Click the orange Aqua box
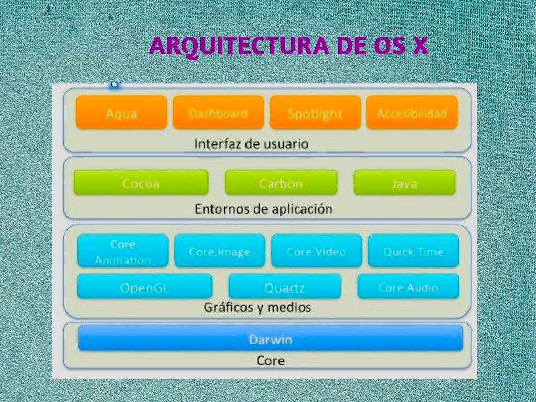click(121, 113)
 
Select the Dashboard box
click(218, 113)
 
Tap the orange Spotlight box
click(315, 113)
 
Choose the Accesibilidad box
click(412, 113)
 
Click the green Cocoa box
click(141, 183)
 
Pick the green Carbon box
click(281, 183)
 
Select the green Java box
click(405, 183)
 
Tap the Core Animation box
click(122, 251)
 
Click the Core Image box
click(219, 251)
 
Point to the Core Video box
click(317, 251)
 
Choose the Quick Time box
click(414, 251)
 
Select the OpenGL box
click(144, 286)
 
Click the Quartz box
click(284, 286)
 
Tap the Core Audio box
click(408, 286)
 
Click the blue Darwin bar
click(271, 338)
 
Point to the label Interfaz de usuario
click(251, 143)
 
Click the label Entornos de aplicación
click(264, 208)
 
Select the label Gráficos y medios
click(257, 307)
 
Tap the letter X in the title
click(420, 46)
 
